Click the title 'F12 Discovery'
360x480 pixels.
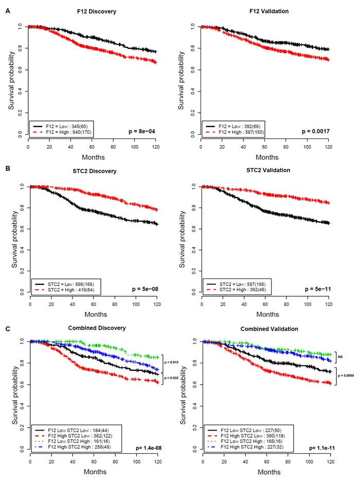click(x=97, y=12)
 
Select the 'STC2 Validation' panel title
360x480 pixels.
click(x=268, y=170)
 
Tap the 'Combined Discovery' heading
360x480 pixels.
click(x=97, y=328)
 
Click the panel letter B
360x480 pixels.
click(x=8, y=168)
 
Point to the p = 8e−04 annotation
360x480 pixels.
click(x=142, y=131)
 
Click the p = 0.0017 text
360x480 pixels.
click(x=316, y=131)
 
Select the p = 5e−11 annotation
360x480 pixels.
click(x=318, y=289)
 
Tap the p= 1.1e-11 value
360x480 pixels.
click(x=322, y=448)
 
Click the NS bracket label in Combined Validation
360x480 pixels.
click(x=340, y=357)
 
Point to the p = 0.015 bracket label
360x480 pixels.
click(x=171, y=362)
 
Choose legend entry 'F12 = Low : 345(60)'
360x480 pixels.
click(x=67, y=127)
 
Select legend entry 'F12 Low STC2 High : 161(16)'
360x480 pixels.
click(x=79, y=441)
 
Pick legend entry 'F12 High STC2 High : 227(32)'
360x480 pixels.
click(x=252, y=447)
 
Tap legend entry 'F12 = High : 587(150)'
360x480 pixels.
click(x=241, y=132)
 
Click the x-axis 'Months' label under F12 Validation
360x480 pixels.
click(x=267, y=157)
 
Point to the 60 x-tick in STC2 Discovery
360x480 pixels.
click(x=94, y=304)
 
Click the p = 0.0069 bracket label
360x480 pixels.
click(x=346, y=376)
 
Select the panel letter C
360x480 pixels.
click(x=8, y=329)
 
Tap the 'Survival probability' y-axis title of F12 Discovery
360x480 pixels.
click(x=11, y=80)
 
